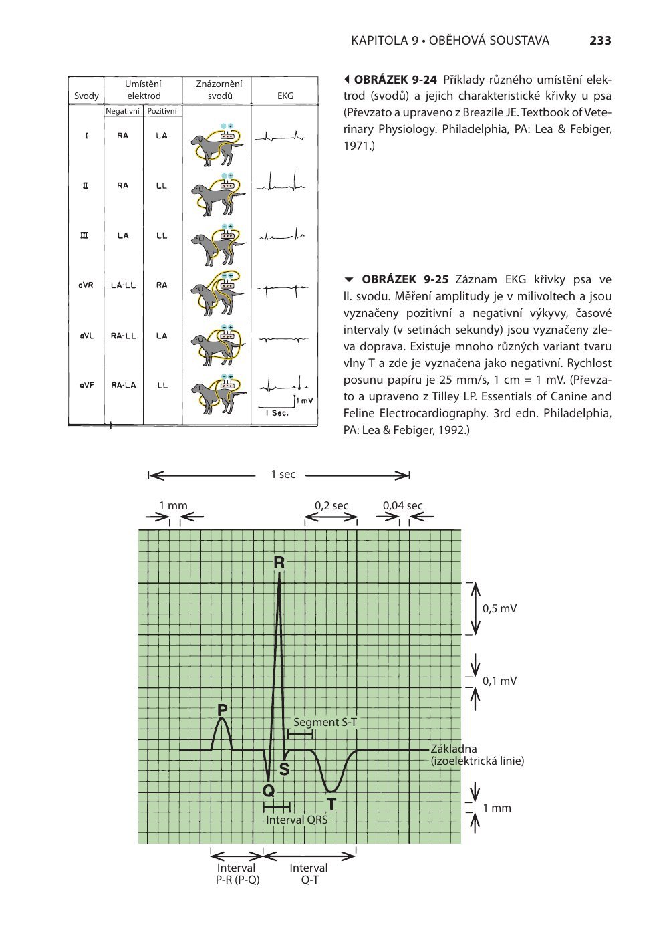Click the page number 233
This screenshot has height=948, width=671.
click(x=600, y=41)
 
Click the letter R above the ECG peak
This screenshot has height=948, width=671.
click(x=279, y=564)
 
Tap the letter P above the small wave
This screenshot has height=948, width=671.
click(x=223, y=709)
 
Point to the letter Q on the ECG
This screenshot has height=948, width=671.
click(x=269, y=791)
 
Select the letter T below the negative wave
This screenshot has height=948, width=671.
click(x=331, y=804)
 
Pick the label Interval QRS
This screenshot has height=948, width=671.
click(x=297, y=819)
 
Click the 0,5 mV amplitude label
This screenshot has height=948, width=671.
click(x=499, y=608)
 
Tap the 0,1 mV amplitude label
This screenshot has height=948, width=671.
click(x=499, y=681)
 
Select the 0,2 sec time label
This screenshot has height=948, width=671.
click(x=331, y=505)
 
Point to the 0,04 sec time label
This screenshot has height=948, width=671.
click(x=402, y=505)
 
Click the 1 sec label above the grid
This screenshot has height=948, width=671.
click(x=283, y=475)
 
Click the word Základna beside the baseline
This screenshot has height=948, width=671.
click(x=454, y=749)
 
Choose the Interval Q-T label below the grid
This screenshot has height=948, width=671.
click(x=308, y=874)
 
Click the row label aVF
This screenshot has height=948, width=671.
click(x=85, y=386)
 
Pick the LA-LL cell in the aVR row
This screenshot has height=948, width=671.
click(x=123, y=285)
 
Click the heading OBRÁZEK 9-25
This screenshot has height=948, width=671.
click(x=399, y=279)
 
